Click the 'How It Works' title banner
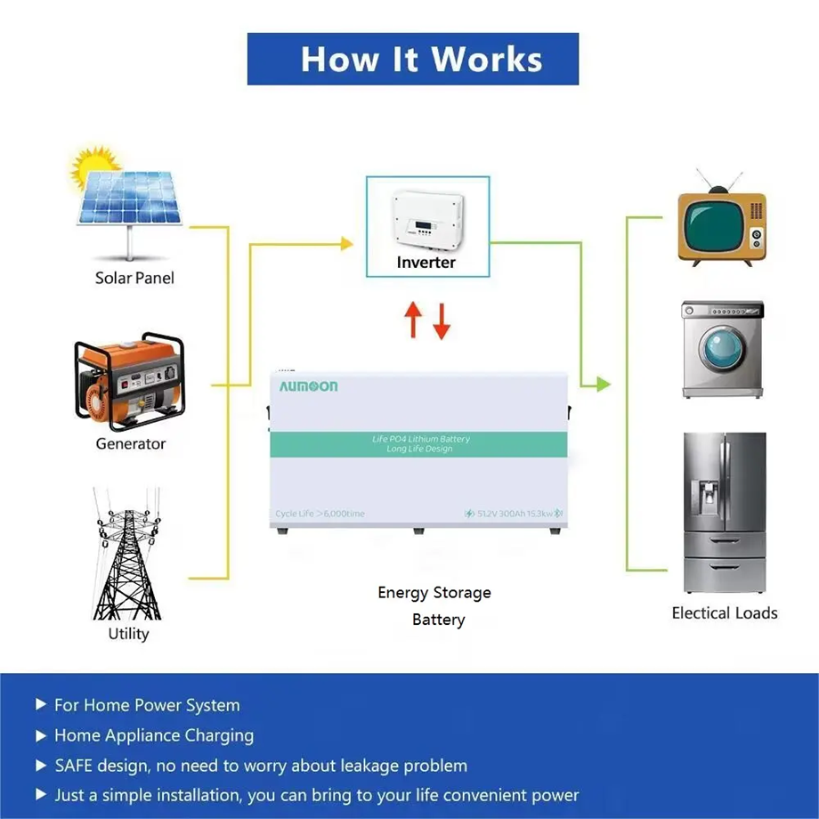pyautogui.click(x=413, y=59)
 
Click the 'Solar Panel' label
pyautogui.click(x=134, y=278)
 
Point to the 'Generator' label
pyautogui.click(x=131, y=443)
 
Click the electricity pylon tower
pyautogui.click(x=127, y=556)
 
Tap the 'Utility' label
pyautogui.click(x=128, y=634)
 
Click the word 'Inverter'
pyautogui.click(x=426, y=263)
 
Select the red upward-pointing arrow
pyautogui.click(x=412, y=320)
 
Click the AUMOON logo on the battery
pyautogui.click(x=309, y=386)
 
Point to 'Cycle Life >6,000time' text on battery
pyautogui.click(x=320, y=514)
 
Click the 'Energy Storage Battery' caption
pyautogui.click(x=435, y=605)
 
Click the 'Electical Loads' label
pyautogui.click(x=725, y=613)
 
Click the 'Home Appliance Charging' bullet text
pyautogui.click(x=154, y=735)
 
